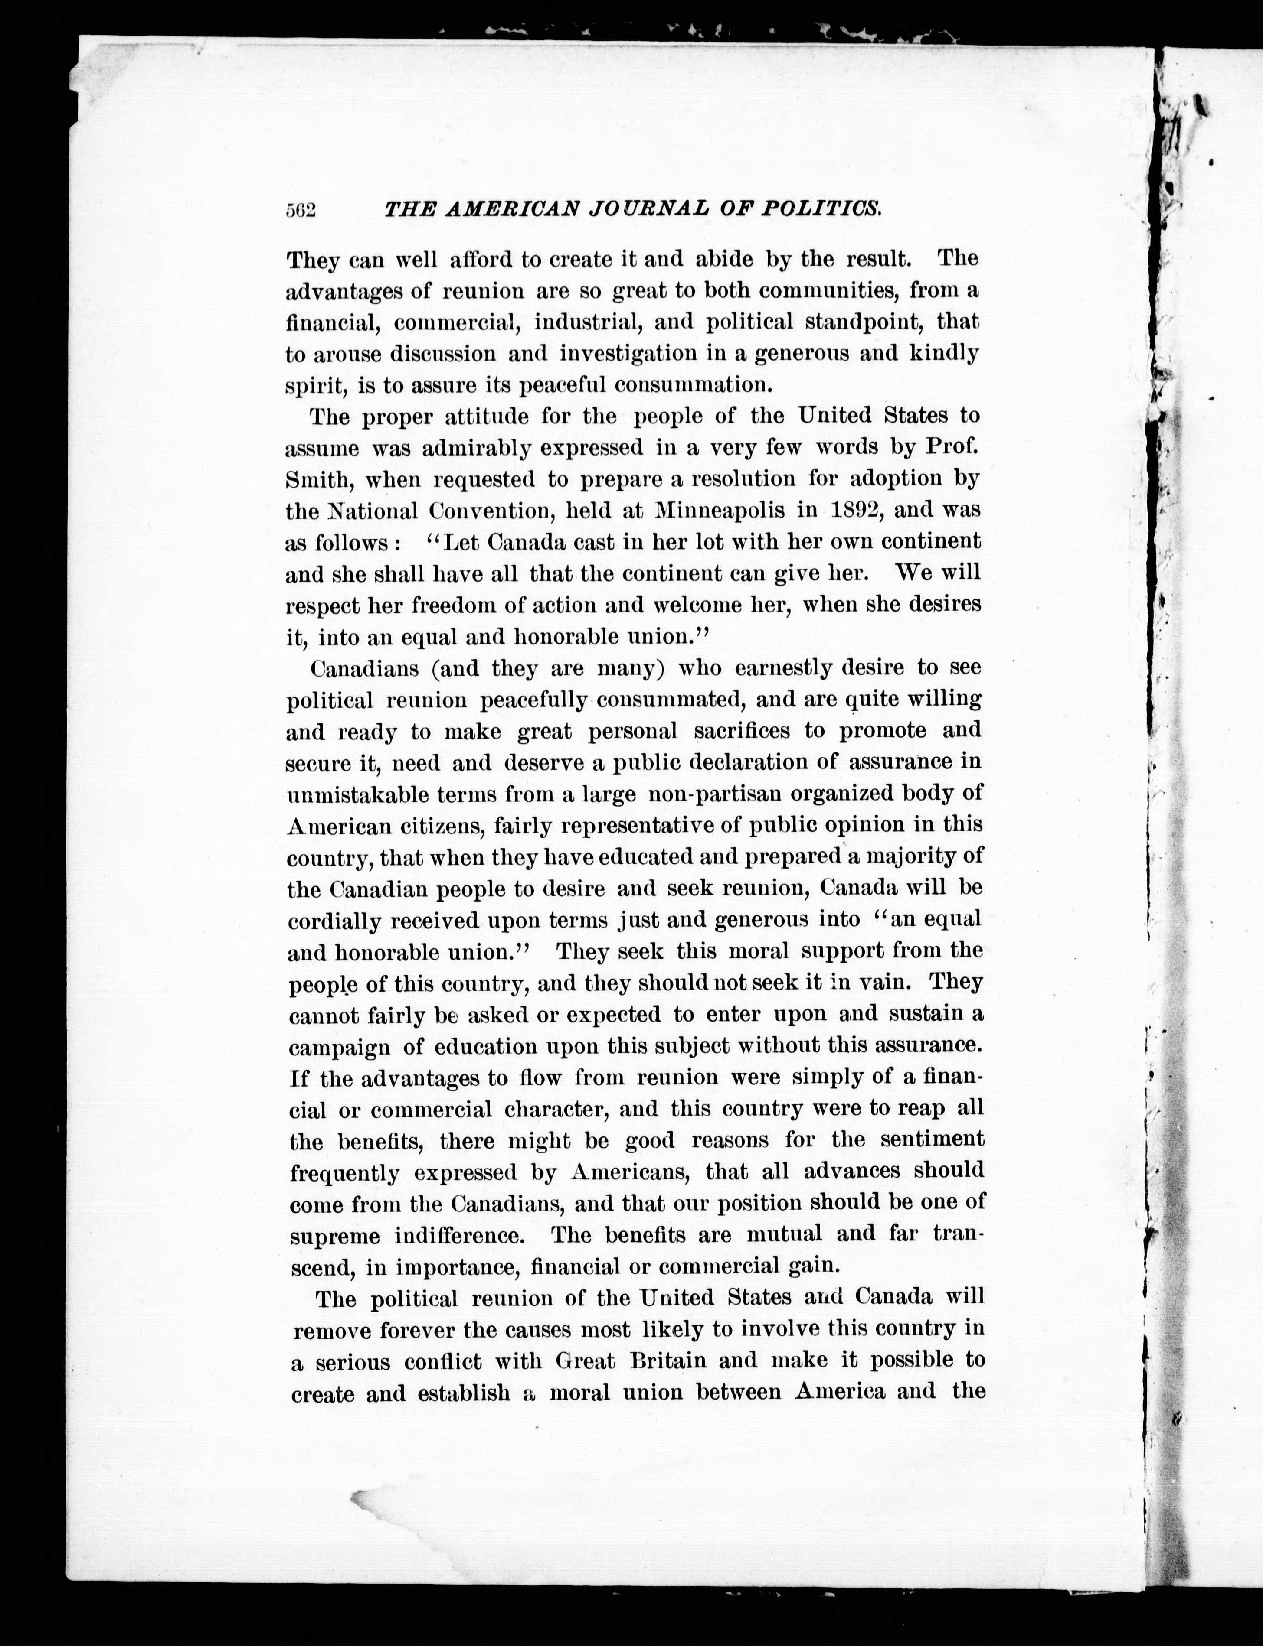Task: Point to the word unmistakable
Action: click(x=357, y=794)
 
